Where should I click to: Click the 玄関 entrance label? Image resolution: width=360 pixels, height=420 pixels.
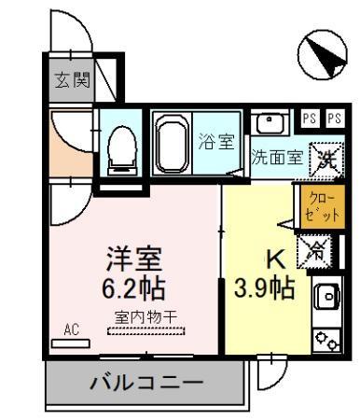tap(73, 80)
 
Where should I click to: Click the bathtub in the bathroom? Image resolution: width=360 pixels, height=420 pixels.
tap(172, 144)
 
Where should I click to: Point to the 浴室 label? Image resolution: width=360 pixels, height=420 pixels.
tap(216, 141)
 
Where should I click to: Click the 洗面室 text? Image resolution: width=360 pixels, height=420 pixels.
tap(277, 157)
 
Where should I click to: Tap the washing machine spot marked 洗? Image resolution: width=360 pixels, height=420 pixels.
tap(326, 160)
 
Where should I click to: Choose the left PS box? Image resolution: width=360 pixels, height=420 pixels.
tap(310, 119)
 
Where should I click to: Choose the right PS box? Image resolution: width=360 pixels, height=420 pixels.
tap(335, 119)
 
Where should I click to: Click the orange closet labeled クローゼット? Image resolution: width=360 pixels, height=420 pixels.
tap(322, 207)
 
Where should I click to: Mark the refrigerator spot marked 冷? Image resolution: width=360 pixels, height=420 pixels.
tap(314, 252)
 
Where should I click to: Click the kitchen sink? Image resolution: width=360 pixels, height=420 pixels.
tap(327, 296)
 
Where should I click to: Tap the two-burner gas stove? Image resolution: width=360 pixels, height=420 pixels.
tap(326, 340)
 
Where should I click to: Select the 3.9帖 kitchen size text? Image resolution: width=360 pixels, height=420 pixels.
tap(264, 287)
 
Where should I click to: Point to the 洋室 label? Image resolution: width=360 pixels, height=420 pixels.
tap(134, 259)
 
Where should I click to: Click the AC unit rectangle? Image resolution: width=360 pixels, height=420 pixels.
tap(71, 343)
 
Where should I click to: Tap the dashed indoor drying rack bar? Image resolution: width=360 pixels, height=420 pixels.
tap(146, 331)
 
